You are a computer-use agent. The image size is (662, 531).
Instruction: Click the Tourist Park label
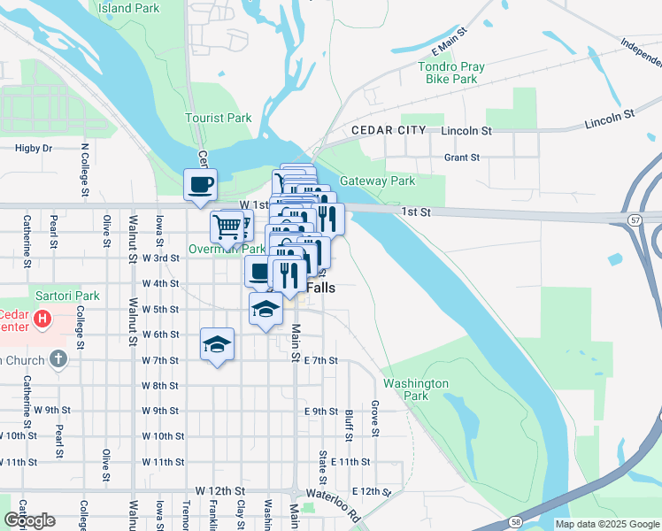tap(219, 118)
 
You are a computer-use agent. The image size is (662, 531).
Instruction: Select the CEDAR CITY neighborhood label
tap(389, 130)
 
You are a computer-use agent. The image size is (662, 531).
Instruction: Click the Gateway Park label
tap(378, 181)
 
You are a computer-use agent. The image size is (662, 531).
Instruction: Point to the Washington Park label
tap(416, 389)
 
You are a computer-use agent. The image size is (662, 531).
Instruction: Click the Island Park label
tap(129, 8)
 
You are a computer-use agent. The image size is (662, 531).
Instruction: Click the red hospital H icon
tap(41, 319)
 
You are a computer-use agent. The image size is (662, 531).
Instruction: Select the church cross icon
tap(58, 358)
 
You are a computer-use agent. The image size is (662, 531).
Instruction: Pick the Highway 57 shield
tap(635, 219)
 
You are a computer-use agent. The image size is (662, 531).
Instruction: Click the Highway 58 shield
tap(514, 524)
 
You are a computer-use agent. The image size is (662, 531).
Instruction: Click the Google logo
tap(29, 520)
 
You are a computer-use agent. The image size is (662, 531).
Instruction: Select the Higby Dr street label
tap(34, 149)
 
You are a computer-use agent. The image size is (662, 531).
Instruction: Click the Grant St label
tap(461, 158)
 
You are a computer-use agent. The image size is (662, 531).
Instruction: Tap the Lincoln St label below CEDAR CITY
tap(466, 131)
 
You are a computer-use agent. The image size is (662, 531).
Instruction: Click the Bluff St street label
tap(349, 424)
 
